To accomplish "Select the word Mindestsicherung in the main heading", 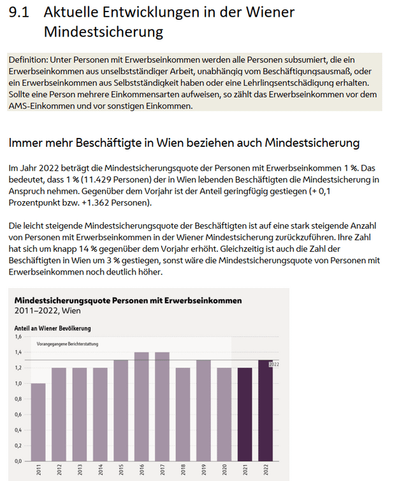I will pos(104,31).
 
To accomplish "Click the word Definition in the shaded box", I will pos(27,59).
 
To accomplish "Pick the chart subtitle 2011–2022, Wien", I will pos(48,310).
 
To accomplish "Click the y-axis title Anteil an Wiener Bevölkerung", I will pos(52,328).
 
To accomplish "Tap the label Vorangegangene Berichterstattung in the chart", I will pos(71,344).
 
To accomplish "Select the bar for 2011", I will pos(38,422).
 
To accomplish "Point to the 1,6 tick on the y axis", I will pos(18,337).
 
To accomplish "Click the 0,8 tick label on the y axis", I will pos(18,399).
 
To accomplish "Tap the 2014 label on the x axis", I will pos(101,471).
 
